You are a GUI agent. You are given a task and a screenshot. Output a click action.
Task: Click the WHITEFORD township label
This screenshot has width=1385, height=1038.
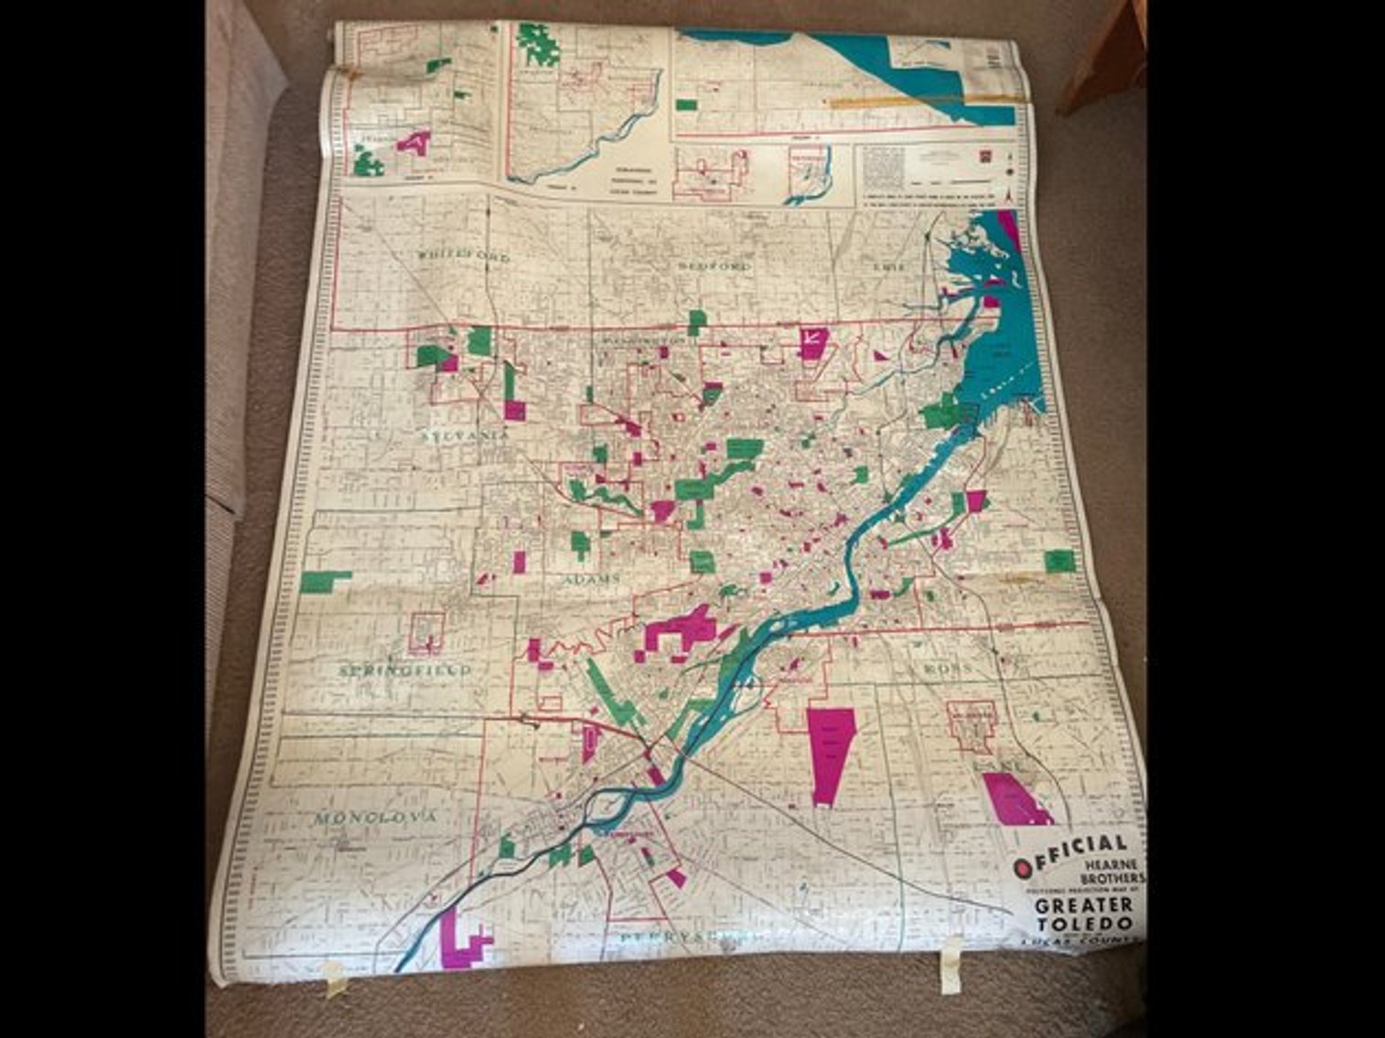coord(463,257)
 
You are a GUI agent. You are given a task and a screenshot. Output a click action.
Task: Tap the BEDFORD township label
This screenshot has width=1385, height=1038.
coord(714,266)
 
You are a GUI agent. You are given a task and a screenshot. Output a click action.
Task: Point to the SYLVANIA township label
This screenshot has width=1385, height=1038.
coord(466,436)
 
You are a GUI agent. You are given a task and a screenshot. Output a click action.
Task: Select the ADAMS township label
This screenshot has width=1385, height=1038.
coord(592,579)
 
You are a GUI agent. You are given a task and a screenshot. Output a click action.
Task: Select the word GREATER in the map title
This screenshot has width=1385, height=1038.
coord(1084,905)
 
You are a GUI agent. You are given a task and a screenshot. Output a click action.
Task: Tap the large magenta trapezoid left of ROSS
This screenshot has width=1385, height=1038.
coord(831,754)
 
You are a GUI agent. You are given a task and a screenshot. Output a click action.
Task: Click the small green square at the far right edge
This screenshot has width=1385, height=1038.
coord(1060,561)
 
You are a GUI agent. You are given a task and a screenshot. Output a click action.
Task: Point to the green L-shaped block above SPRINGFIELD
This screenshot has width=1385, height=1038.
coord(323,580)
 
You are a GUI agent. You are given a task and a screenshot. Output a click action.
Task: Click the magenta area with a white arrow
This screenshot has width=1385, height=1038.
coord(812,342)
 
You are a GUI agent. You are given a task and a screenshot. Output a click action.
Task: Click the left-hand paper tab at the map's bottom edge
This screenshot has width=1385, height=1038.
coord(336,979)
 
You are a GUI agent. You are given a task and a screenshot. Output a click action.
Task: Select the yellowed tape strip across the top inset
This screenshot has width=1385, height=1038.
coord(924,98)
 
